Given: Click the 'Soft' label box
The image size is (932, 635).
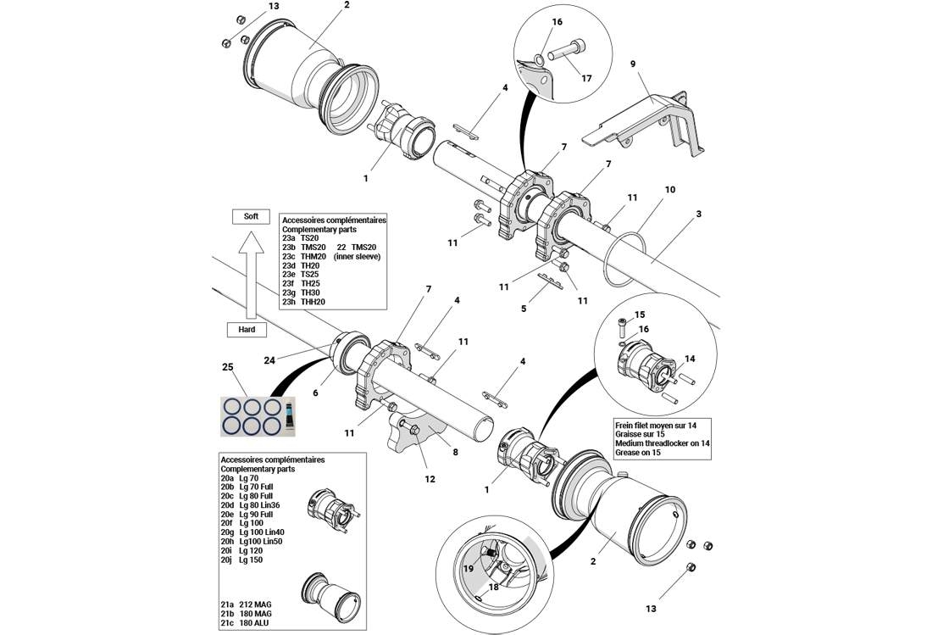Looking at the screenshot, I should (251, 216).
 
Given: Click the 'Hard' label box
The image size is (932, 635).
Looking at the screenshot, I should (247, 329).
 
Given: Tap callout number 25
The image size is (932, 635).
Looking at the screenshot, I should (227, 367).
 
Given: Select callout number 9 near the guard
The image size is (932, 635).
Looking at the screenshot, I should (632, 63).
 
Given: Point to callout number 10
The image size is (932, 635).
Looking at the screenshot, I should (669, 189).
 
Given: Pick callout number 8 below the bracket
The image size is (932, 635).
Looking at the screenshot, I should (455, 452).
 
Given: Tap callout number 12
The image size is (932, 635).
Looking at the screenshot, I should (430, 479).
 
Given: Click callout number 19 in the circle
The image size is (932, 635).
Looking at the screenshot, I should (469, 570).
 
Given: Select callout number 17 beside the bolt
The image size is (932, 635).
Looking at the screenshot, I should (586, 79).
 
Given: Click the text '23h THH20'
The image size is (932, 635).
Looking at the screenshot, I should (303, 302).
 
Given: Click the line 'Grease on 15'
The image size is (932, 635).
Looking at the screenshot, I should (641, 453).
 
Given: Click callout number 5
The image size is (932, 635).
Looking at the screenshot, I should (524, 309).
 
